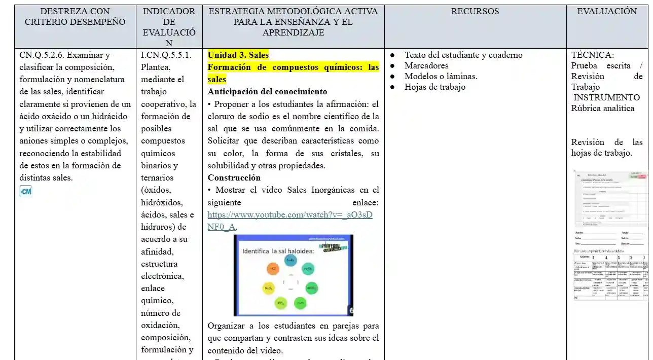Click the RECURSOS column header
[475, 11]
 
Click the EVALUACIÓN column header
[607, 11]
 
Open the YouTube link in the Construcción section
[289, 215]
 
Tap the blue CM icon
[25, 191]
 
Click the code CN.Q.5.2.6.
[42, 55]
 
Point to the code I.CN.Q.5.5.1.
[166, 55]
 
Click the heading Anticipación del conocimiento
[267, 92]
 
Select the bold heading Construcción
[234, 177]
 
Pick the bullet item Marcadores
[426, 66]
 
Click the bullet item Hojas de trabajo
[434, 87]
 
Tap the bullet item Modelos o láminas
[441, 77]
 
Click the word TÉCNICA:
[592, 55]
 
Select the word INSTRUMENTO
[606, 97]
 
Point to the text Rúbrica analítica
[602, 108]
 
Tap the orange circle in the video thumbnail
[273, 268]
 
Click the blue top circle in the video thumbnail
[290, 260]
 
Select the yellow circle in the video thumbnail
[268, 288]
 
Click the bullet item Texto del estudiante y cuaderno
[463, 55]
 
